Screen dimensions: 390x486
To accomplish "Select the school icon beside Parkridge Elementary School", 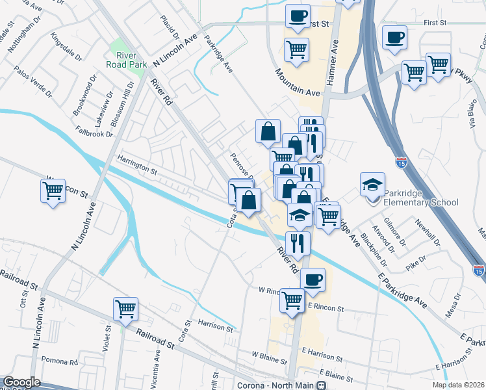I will pyautogui.click(x=374, y=185).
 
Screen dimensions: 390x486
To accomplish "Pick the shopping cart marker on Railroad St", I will pyautogui.click(x=125, y=309).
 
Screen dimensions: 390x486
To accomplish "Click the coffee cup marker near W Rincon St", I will pyautogui.click(x=313, y=279).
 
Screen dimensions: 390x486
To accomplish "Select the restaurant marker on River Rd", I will pyautogui.click(x=298, y=243).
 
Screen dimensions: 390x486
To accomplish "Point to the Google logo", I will pyautogui.click(x=21, y=382).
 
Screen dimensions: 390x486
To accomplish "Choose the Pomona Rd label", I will pyautogui.click(x=59, y=360).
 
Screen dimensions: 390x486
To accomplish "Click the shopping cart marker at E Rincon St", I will pyautogui.click(x=292, y=300).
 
